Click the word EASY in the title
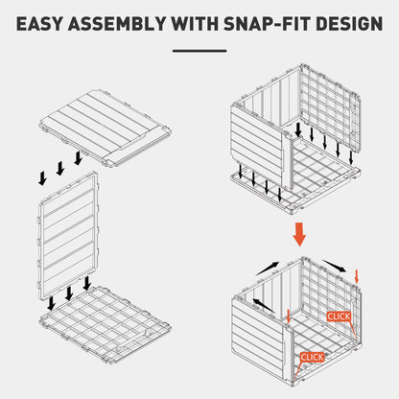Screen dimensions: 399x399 [38, 24]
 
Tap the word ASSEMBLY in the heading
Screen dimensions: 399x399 [117, 24]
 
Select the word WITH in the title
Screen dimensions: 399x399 [194, 24]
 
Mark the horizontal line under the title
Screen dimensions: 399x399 [199, 51]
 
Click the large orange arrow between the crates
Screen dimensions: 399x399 [299, 234]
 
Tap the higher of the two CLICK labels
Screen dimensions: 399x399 [339, 317]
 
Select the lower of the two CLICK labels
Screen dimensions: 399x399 [313, 357]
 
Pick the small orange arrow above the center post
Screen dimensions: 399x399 [289, 317]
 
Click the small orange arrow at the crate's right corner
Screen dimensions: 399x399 [357, 276]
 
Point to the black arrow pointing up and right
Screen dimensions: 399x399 [268, 269]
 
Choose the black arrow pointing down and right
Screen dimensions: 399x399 [335, 266]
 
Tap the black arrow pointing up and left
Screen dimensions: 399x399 [264, 305]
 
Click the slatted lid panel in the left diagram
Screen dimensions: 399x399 [106, 128]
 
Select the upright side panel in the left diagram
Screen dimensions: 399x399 [68, 237]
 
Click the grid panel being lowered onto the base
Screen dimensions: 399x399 [331, 107]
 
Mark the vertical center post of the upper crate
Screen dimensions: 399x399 [288, 160]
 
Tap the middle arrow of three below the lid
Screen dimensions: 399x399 [60, 169]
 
